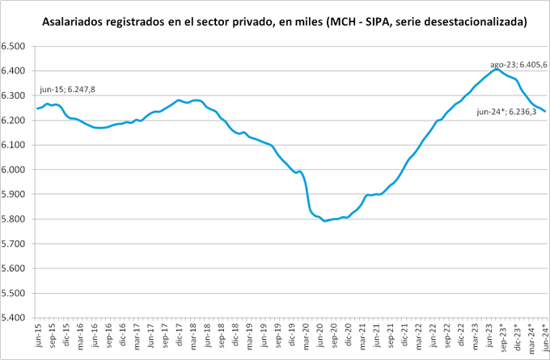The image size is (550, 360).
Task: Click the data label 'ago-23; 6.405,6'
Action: click(518, 64)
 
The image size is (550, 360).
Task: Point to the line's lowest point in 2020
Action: click(325, 220)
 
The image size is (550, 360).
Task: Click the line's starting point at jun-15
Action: click(37, 108)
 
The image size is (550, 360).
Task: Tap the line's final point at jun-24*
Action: click(545, 112)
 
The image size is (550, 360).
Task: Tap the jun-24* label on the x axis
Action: click(544, 337)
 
